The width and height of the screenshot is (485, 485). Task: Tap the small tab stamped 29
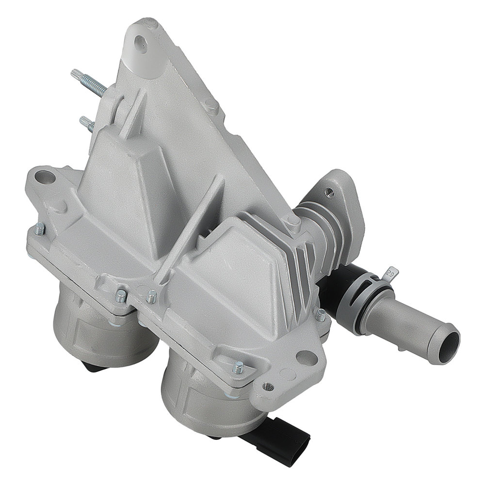coord(388,275)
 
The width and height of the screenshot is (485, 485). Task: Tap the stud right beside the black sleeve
coord(320,316)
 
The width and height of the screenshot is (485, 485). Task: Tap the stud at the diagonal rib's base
coord(152,294)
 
